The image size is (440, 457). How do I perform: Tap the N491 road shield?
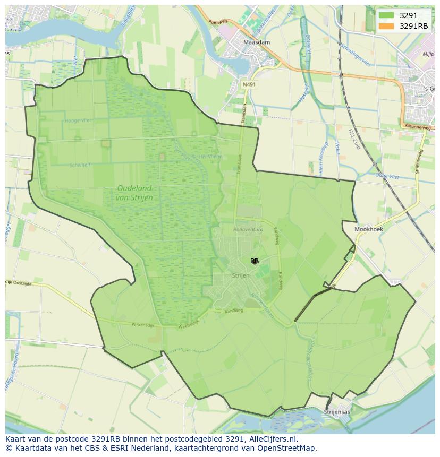click(x=248, y=84)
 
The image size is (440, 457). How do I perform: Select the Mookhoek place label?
click(x=369, y=229)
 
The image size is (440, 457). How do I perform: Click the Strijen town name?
click(x=240, y=275)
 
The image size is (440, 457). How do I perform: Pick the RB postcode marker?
click(x=255, y=261)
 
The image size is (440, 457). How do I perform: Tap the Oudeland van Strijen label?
click(x=134, y=193)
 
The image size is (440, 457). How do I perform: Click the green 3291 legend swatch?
click(x=386, y=15)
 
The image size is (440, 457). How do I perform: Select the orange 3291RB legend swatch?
click(x=386, y=26)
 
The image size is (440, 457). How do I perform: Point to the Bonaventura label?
click(x=248, y=229)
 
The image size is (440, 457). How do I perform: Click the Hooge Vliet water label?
click(x=78, y=120)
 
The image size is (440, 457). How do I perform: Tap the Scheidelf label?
click(x=80, y=165)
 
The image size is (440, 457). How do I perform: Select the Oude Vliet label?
click(x=387, y=175)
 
